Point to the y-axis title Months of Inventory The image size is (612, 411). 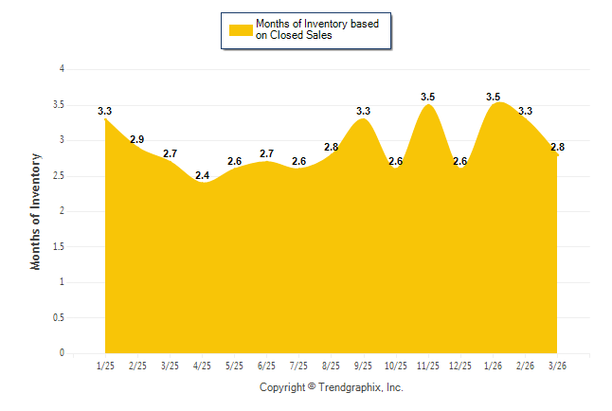36,211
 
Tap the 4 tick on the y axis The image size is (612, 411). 63,69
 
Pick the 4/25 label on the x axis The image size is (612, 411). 202,365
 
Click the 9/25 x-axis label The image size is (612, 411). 363,365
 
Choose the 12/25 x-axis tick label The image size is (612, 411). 459,365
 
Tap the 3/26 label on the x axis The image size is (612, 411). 556,365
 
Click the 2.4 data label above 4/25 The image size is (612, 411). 203,175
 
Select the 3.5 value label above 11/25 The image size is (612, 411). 428,97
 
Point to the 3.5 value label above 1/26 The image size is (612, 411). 494,97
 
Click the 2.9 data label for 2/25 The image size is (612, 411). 137,140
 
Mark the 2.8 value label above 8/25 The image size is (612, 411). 332,147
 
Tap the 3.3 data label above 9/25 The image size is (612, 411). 363,111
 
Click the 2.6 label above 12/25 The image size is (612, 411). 460,161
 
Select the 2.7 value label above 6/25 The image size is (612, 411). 267,153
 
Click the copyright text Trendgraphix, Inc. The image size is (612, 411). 332,387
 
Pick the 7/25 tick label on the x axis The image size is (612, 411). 298,365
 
